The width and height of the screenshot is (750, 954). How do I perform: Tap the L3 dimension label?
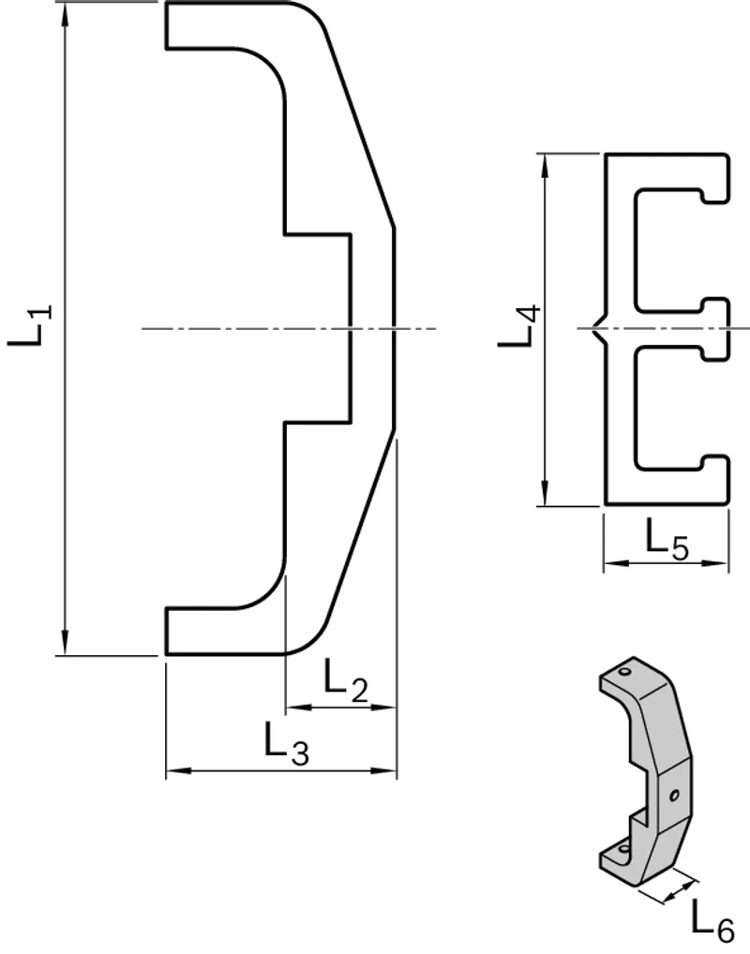[287, 743]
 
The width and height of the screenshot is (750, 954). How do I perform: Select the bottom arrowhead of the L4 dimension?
[545, 493]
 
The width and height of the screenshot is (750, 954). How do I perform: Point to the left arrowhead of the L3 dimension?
[179, 771]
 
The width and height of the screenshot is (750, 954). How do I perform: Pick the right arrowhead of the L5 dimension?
[715, 564]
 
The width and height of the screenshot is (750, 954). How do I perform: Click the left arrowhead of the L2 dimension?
[298, 707]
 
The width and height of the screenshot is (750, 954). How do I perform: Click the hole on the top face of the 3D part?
[623, 672]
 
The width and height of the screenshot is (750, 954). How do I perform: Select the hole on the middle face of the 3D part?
[674, 796]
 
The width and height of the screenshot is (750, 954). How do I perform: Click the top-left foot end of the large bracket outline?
[166, 25]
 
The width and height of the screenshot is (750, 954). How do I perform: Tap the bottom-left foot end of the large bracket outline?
[166, 631]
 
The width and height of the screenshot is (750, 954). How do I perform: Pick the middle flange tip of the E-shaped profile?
[728, 329]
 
